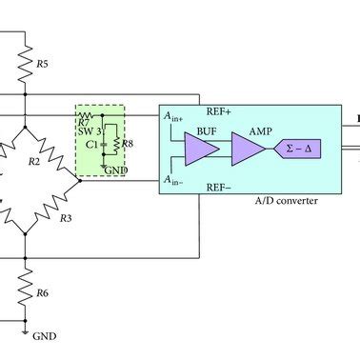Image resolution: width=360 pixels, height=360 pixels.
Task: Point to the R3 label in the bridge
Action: click(66, 219)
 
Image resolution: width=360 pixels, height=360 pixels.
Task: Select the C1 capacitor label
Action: click(91, 145)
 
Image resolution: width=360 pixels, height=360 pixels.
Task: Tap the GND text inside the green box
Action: click(116, 170)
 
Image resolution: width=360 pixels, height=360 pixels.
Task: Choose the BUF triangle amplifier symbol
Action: click(201, 150)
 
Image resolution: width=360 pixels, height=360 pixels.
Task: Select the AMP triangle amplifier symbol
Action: click(249, 150)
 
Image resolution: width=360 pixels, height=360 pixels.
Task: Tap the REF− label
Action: click(220, 189)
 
